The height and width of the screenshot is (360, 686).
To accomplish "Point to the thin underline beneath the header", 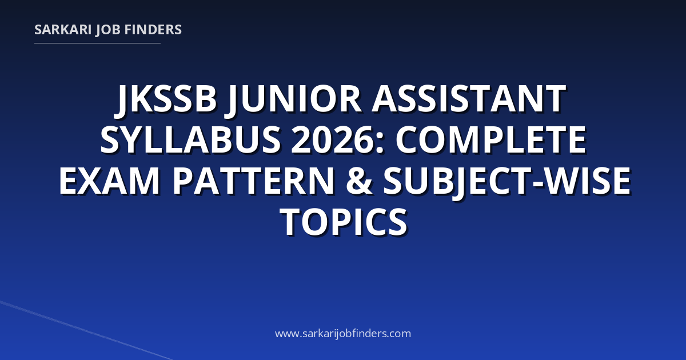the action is pyautogui.click(x=97, y=43).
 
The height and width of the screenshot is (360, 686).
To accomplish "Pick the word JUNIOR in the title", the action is pyautogui.click(x=293, y=100).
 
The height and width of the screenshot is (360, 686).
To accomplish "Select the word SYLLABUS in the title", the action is pyautogui.click(x=190, y=139).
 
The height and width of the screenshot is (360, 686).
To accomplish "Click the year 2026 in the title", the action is pyautogui.click(x=333, y=139).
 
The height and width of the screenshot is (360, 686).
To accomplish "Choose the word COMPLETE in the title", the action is pyautogui.click(x=491, y=139).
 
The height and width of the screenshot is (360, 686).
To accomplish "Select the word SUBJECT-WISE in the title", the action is pyautogui.click(x=507, y=182).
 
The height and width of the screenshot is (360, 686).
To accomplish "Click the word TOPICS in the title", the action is pyautogui.click(x=344, y=222).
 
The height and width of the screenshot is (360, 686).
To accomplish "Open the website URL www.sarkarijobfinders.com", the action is pyautogui.click(x=343, y=333).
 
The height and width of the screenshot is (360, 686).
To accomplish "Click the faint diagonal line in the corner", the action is pyautogui.click(x=86, y=331).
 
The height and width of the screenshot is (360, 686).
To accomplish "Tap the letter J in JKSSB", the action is pyautogui.click(x=121, y=102).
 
